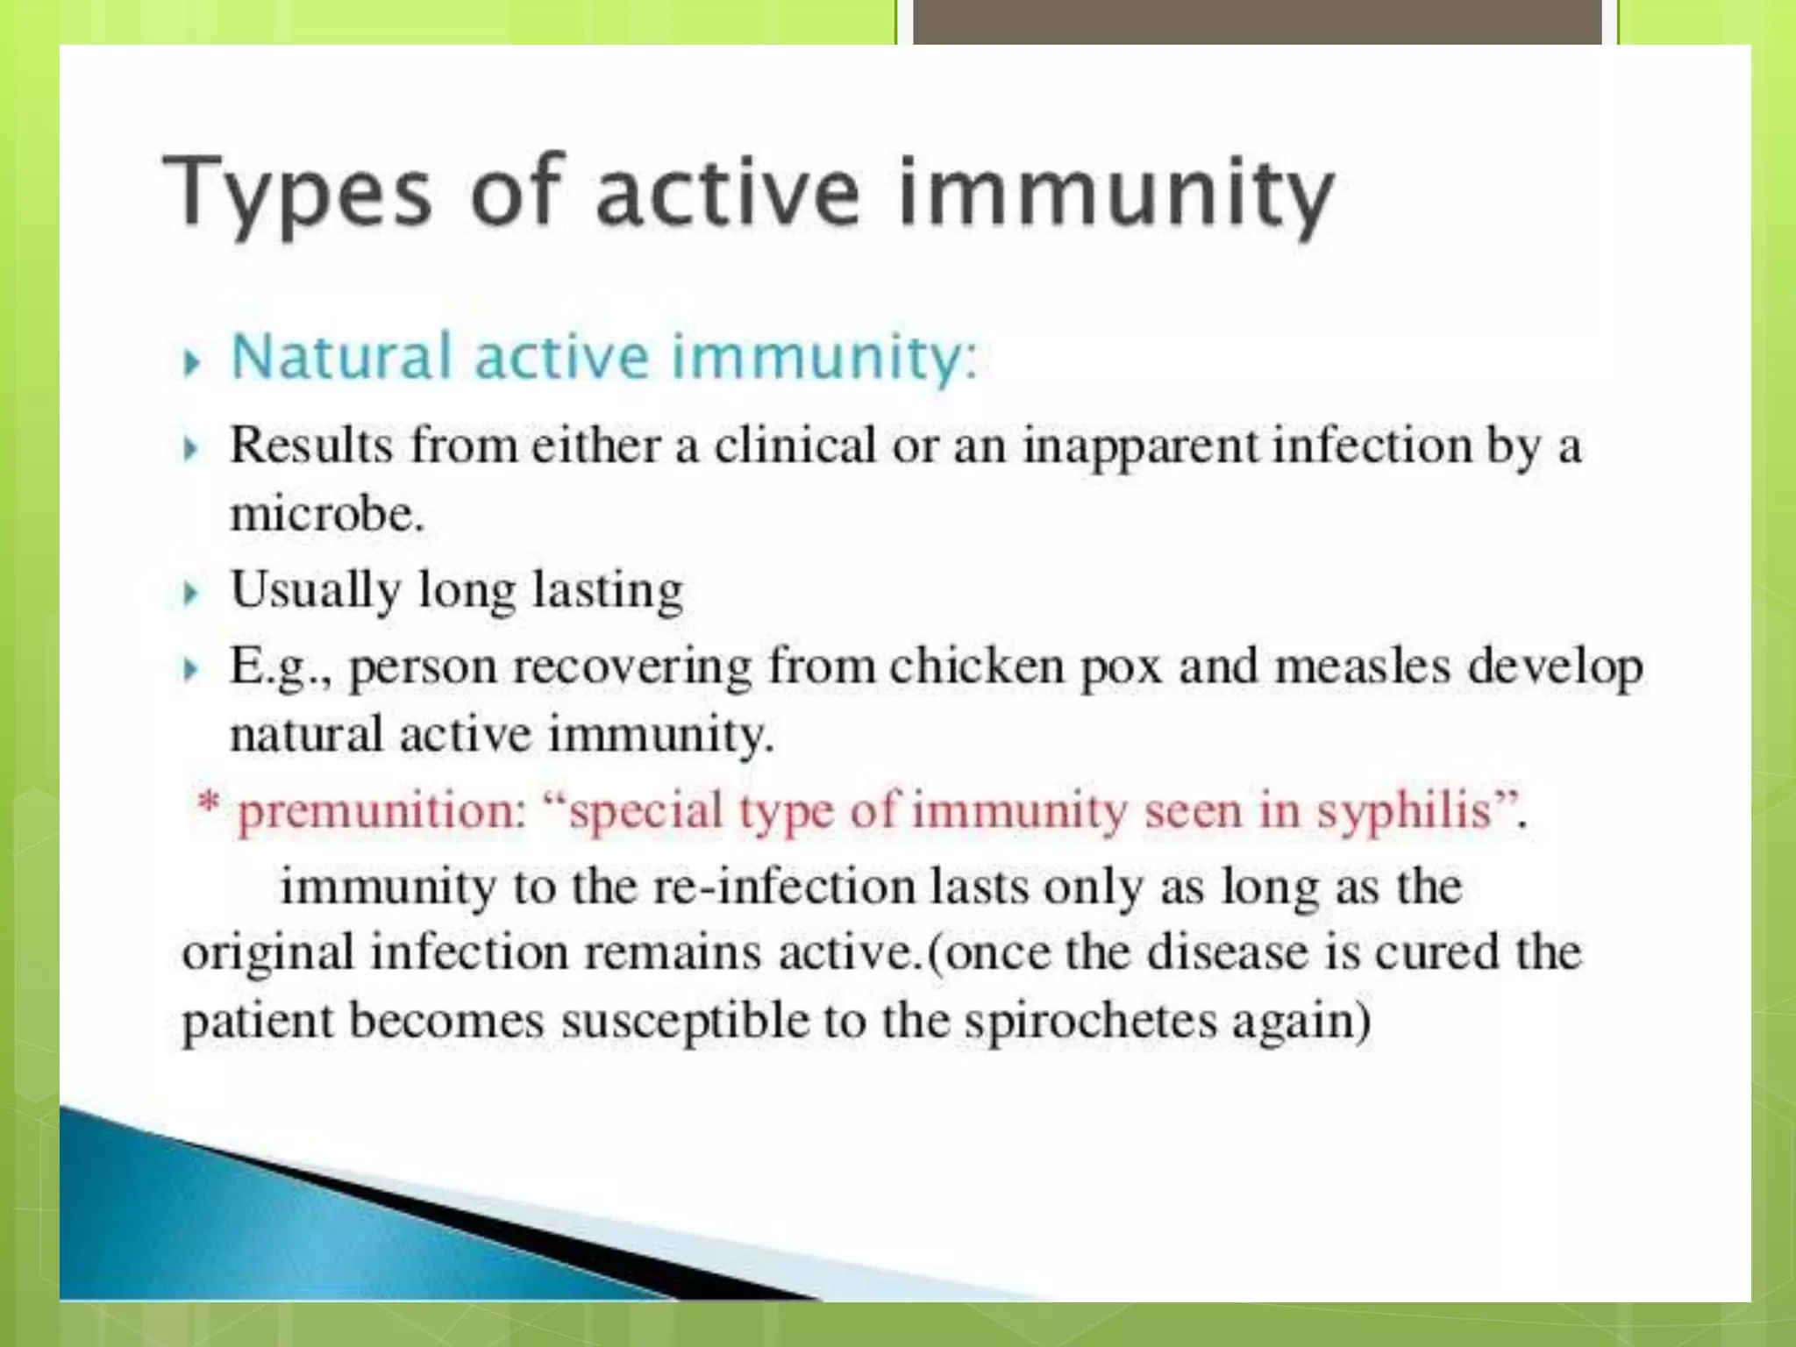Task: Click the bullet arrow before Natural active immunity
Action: (x=191, y=361)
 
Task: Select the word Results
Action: (x=311, y=445)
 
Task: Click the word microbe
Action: (x=326, y=514)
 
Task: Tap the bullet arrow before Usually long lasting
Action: (x=191, y=594)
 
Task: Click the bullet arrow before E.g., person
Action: (x=191, y=670)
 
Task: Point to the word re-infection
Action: (x=784, y=887)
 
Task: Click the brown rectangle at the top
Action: (x=1257, y=22)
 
